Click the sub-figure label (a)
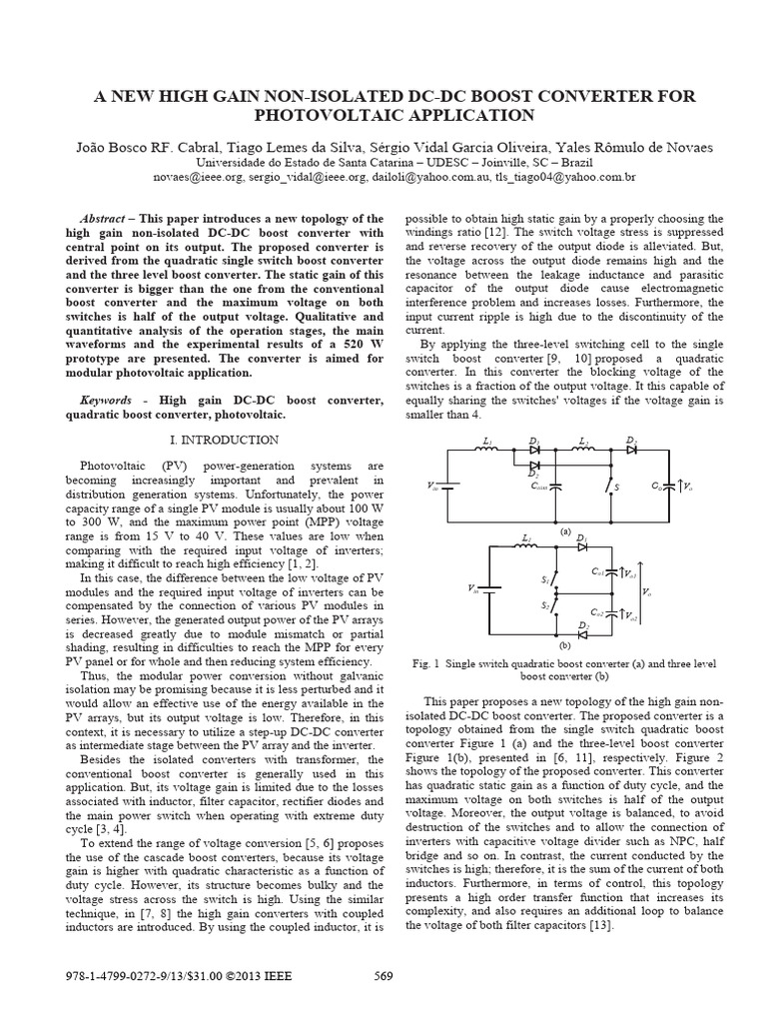pyautogui.click(x=564, y=532)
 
